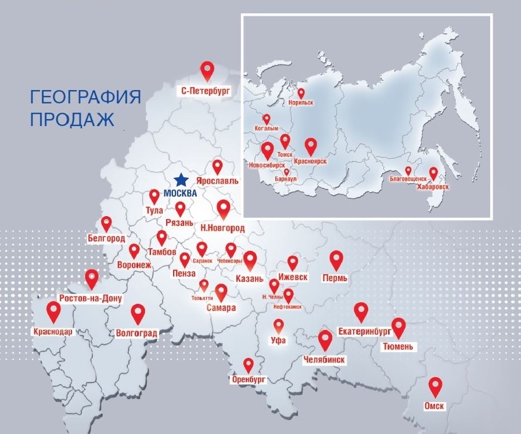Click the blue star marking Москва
pos(182,180)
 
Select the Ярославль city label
pos(217,181)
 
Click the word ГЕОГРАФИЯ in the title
pos(85,96)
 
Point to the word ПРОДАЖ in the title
pos(72,120)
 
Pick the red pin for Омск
pos(435,386)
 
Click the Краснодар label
pos(53,332)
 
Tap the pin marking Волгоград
pos(138,313)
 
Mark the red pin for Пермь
pos(336,260)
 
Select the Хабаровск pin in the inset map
pos(433,174)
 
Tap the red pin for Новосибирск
pos(267,150)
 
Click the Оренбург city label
pos(248,379)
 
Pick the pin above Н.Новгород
pos(223,208)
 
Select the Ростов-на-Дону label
pos(91,299)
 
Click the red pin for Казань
pos(250,260)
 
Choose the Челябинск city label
pos(324,360)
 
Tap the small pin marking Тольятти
pos(204,285)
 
